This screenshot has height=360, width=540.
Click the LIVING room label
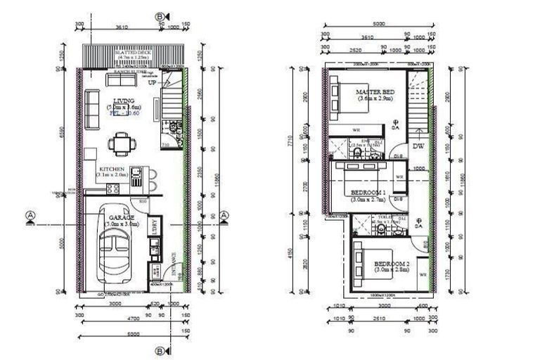tap(124, 100)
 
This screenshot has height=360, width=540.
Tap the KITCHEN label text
tap(112, 169)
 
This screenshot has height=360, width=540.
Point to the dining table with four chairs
tap(118, 145)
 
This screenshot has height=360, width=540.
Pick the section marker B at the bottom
tap(160, 349)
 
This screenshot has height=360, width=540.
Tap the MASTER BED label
tap(375, 92)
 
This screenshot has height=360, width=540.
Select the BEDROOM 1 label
tap(368, 192)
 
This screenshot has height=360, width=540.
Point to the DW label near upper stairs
tap(418, 146)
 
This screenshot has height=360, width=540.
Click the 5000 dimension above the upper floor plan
tap(378, 23)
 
